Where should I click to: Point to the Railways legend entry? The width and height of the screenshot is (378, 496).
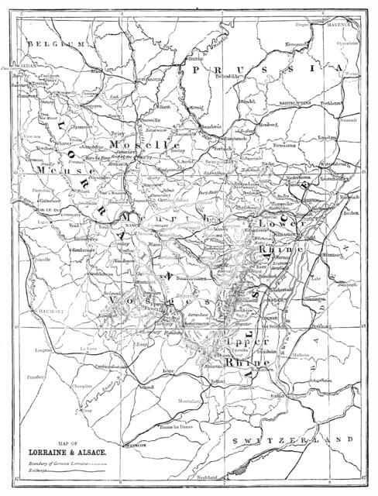(x=39, y=469)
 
